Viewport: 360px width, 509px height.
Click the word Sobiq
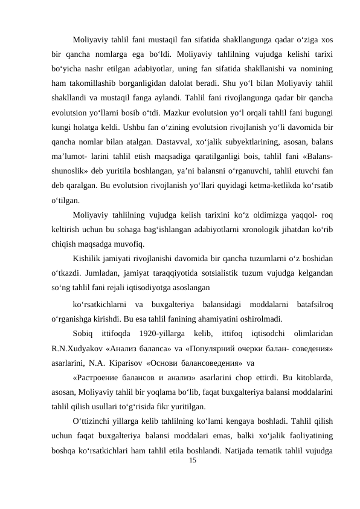[82, 332]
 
